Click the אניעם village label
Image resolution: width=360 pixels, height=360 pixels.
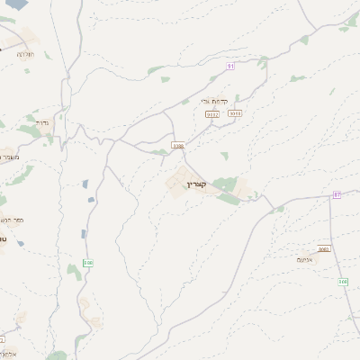[305, 259]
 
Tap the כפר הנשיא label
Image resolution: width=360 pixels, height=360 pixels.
[11, 219]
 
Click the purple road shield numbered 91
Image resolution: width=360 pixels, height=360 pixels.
[230, 66]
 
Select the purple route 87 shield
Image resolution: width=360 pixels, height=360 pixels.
[337, 194]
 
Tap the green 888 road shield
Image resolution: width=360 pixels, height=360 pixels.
[87, 263]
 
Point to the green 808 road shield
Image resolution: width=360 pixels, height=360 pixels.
[343, 282]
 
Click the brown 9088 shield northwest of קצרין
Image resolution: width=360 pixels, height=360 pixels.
[178, 145]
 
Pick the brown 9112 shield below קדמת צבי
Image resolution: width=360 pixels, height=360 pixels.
[212, 114]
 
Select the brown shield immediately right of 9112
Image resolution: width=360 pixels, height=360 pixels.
[235, 113]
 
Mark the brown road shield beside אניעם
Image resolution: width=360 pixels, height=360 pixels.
[324, 249]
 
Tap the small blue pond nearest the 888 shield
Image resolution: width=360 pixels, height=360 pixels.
[84, 234]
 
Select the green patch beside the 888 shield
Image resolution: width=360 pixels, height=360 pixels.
[74, 270]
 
